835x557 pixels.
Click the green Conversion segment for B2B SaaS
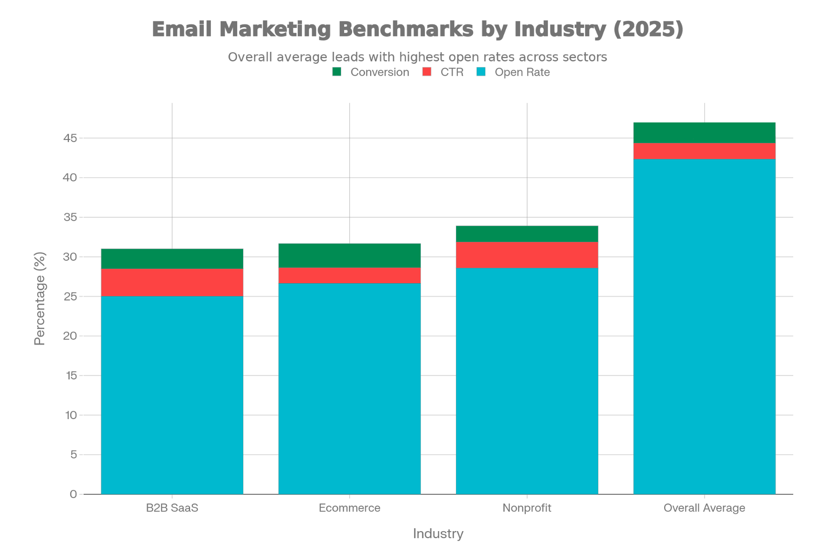(172, 259)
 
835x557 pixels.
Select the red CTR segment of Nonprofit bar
(527, 255)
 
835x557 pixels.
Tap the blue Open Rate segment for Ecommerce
(350, 389)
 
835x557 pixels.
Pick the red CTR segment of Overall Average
(704, 151)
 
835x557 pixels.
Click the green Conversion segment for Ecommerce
(350, 255)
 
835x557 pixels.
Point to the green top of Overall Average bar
(704, 132)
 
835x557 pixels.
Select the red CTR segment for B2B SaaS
(172, 282)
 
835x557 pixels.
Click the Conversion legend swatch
(337, 72)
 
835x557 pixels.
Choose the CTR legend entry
(452, 72)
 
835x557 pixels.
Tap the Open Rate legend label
(522, 72)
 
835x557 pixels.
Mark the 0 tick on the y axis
(74, 494)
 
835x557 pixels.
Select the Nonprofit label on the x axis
(527, 508)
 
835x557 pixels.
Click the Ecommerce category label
(350, 508)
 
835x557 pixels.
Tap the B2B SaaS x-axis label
(172, 508)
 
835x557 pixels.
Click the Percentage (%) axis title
(40, 298)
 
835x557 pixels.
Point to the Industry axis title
(438, 534)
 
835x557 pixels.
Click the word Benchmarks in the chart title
(406, 29)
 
